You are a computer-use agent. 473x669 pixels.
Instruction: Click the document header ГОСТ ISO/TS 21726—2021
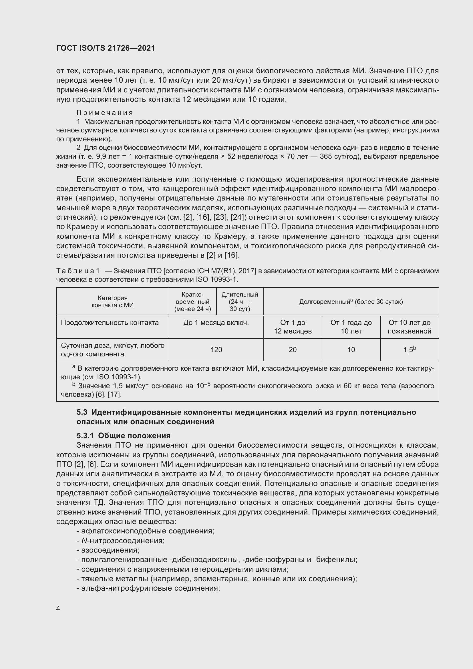tap(106, 48)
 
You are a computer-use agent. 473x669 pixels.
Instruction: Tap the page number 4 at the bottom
tap(58, 609)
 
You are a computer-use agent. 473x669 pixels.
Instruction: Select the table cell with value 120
tap(216, 350)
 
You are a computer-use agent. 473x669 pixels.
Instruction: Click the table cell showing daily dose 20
tap(293, 350)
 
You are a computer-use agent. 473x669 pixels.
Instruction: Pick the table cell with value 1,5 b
tap(409, 350)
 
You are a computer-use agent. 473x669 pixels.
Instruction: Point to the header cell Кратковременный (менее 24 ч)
tap(192, 301)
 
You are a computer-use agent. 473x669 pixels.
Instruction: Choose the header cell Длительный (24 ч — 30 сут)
tap(240, 301)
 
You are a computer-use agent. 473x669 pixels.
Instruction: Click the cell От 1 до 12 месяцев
tap(293, 327)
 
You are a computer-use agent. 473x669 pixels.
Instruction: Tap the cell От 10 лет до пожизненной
tap(409, 327)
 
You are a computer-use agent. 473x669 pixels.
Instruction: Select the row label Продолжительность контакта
tap(110, 323)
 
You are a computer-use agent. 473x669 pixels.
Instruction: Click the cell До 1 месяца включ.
tap(216, 323)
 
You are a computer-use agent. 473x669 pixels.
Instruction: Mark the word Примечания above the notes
tap(105, 113)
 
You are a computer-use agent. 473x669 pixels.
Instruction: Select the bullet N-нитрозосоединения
tap(123, 541)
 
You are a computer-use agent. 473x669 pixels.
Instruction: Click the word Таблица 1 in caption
tap(78, 271)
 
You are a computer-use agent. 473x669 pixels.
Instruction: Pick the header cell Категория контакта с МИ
tap(112, 301)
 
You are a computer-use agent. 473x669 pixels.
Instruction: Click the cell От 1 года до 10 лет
tap(351, 327)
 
